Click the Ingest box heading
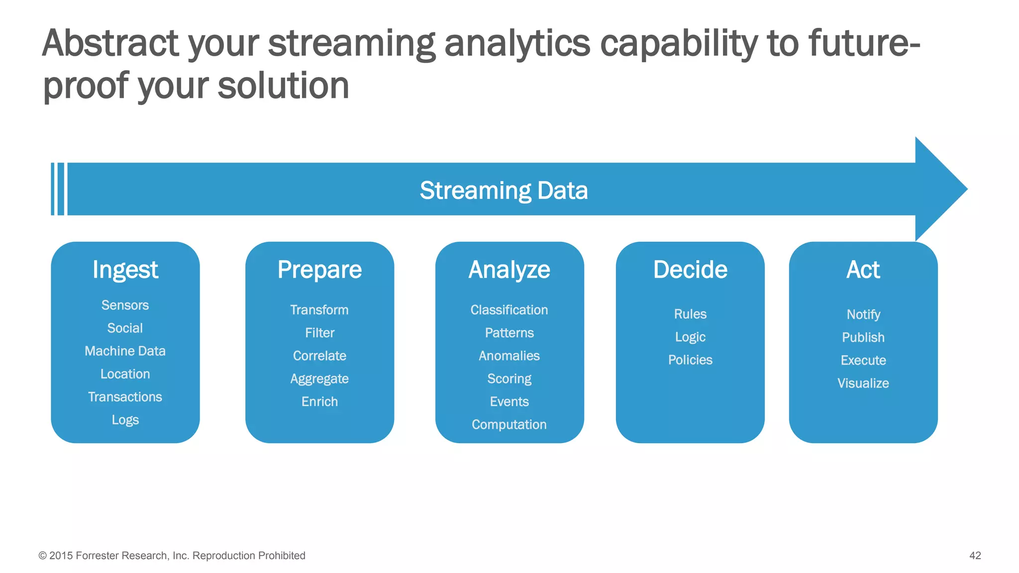(125, 270)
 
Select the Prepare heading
(319, 270)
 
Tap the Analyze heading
(509, 270)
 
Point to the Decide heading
(690, 270)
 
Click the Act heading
(863, 270)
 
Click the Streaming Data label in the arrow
(504, 191)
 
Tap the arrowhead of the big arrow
(940, 189)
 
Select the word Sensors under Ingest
(125, 305)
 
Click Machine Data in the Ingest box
(125, 351)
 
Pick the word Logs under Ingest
(125, 420)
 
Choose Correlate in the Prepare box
(319, 356)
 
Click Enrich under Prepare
(319, 401)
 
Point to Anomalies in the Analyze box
(509, 356)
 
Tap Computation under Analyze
(509, 424)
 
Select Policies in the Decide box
(690, 360)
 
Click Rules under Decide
(690, 314)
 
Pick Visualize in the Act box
(863, 383)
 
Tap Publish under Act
(863, 337)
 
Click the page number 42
(975, 556)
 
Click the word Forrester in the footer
(97, 556)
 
